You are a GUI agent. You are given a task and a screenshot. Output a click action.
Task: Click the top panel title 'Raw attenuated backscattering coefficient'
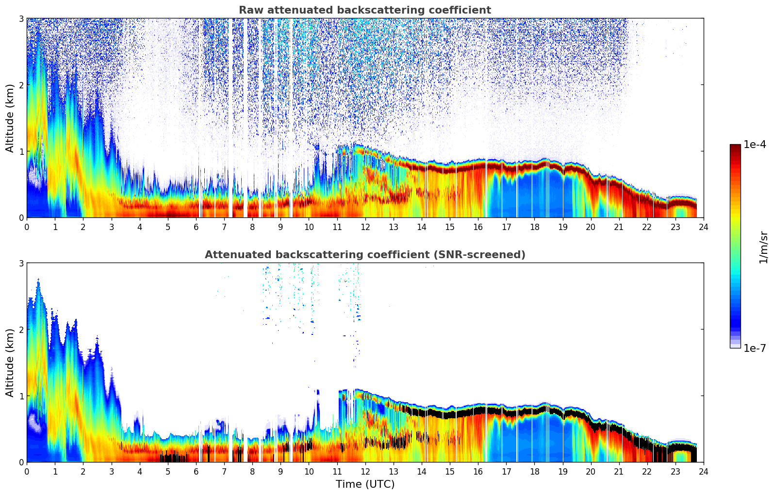click(364, 10)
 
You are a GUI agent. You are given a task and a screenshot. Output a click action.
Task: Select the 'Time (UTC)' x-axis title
click(365, 484)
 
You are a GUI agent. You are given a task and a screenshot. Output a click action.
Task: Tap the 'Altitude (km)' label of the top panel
click(10, 118)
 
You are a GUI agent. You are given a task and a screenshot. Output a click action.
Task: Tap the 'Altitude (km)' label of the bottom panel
click(10, 363)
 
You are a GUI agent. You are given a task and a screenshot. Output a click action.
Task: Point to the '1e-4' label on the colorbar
click(755, 145)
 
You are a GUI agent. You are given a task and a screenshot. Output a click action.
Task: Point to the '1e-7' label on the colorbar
click(755, 348)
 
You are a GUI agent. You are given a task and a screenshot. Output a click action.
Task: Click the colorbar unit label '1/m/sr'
click(763, 247)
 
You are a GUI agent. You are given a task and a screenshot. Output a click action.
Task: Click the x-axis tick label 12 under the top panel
click(365, 227)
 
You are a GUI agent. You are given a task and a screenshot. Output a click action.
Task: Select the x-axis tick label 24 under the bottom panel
click(703, 471)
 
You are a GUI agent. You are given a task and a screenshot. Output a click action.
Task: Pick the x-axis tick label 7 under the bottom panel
click(224, 471)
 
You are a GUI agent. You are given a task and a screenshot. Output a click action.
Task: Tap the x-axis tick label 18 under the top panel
click(534, 227)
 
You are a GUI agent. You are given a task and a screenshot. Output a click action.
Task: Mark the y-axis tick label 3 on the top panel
click(21, 18)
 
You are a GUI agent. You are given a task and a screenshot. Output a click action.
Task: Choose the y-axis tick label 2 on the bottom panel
click(21, 330)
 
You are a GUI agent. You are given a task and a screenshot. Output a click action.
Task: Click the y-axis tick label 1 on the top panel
click(21, 151)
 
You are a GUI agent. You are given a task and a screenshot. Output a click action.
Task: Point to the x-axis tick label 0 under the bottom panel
click(27, 471)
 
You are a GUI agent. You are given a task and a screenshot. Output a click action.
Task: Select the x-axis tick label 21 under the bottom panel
click(619, 471)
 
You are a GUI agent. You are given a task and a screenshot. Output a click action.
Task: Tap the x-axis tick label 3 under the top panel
click(112, 227)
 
